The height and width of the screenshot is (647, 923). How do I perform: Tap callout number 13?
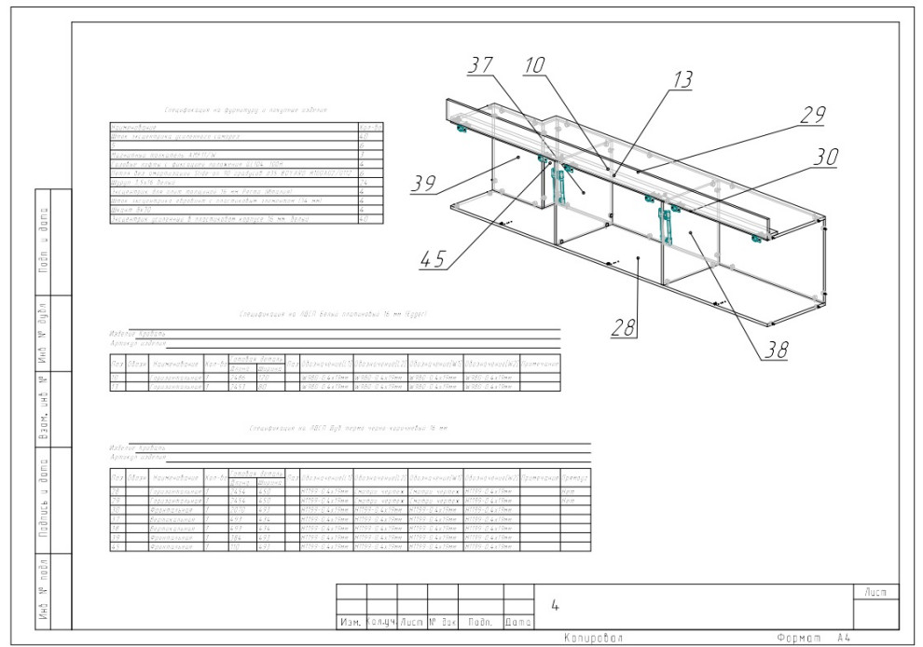tap(682, 81)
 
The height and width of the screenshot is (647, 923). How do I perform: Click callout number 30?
tap(823, 158)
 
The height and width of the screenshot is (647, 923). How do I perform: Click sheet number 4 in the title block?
tap(555, 606)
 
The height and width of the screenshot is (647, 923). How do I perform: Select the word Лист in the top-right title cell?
tap(876, 592)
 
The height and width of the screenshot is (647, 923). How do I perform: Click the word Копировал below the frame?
tap(592, 638)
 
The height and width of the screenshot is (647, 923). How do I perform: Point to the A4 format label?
tap(844, 638)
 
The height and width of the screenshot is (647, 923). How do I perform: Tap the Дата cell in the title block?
tap(518, 621)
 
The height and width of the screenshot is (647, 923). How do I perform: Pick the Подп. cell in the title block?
tap(480, 621)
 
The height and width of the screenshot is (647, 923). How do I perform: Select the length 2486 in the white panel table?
tap(238, 378)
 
